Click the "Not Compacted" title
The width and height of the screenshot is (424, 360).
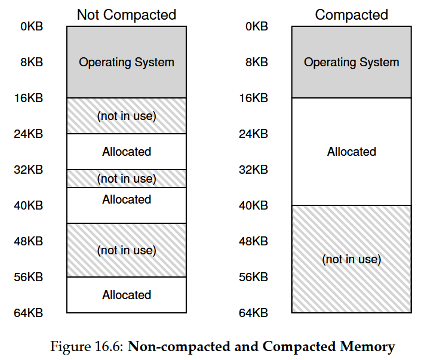point(127,14)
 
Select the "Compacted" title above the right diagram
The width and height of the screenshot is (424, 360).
point(352,14)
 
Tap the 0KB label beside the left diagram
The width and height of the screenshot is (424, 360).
point(32,26)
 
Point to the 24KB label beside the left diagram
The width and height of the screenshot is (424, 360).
point(29,134)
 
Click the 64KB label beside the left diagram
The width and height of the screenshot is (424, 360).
point(29,313)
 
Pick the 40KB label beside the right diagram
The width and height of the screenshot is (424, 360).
point(253,206)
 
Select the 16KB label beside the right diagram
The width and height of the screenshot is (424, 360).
point(253,98)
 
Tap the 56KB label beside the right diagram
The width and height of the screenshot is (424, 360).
point(253,277)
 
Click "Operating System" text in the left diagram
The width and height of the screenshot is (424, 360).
point(127,63)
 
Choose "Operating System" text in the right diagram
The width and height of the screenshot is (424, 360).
point(352,63)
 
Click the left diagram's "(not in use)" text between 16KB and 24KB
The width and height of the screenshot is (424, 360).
point(127,116)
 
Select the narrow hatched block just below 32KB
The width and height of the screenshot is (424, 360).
point(127,179)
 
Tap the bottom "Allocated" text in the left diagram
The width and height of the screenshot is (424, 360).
point(127,295)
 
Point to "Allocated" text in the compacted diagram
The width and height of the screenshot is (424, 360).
point(352,152)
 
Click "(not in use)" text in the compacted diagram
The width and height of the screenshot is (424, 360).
point(352,259)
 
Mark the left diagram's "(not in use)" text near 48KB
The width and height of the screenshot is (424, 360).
point(127,250)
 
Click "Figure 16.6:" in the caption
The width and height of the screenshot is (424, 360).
point(87,346)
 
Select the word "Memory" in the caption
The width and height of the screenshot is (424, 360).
point(367,347)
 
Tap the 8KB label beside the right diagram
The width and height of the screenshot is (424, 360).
point(257,62)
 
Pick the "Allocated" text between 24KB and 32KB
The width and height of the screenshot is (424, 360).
point(127,152)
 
